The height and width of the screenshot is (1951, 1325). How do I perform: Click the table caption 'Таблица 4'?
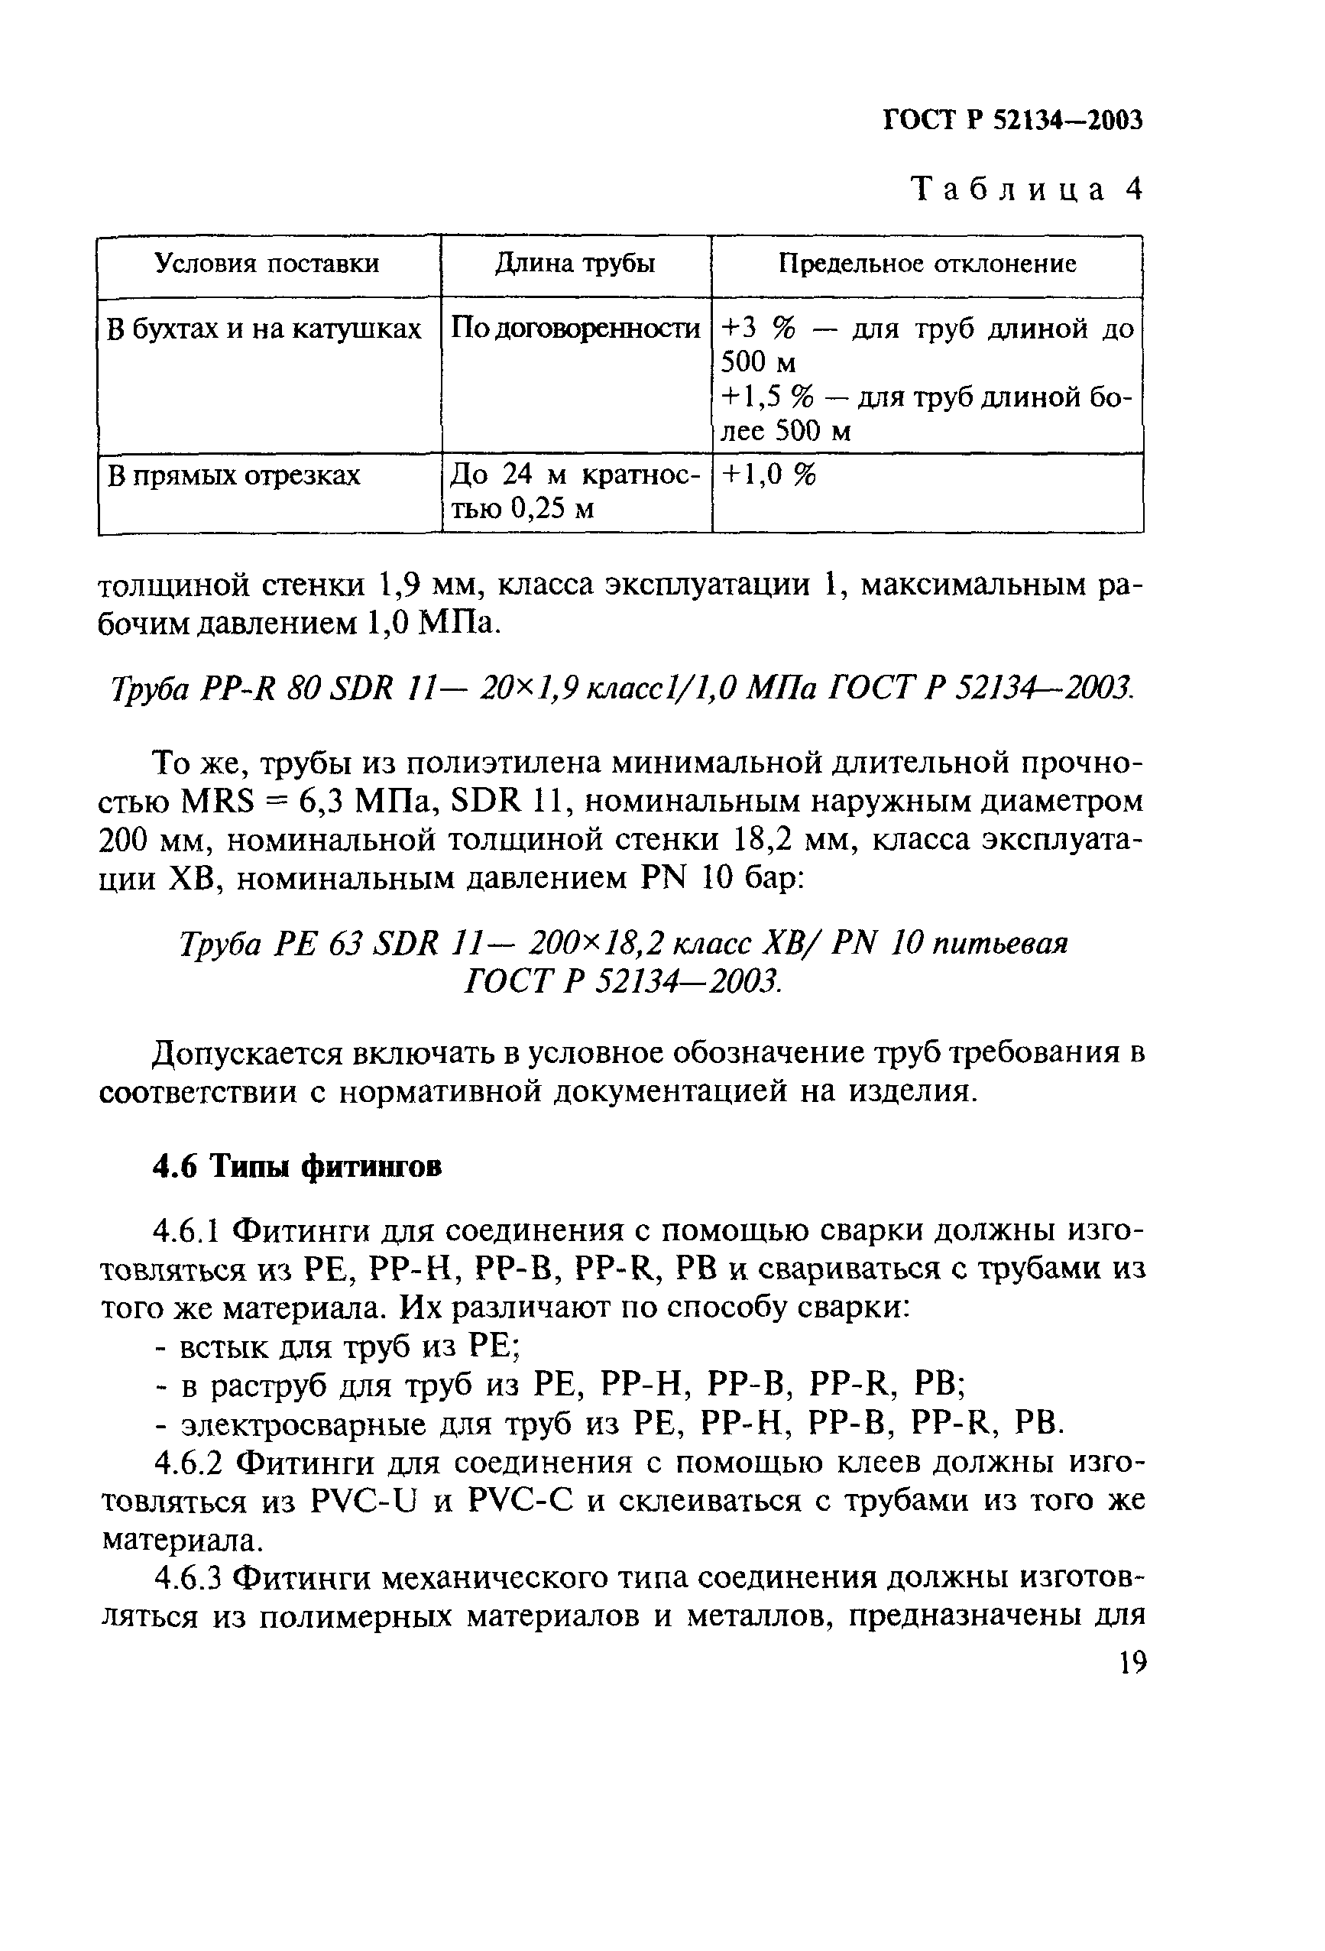pyautogui.click(x=1027, y=190)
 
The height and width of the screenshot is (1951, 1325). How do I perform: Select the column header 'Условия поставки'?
pyautogui.click(x=267, y=264)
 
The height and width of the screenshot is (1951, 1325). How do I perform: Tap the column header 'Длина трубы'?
pyautogui.click(x=575, y=264)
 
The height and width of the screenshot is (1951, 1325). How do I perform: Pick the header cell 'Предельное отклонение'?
pyautogui.click(x=927, y=264)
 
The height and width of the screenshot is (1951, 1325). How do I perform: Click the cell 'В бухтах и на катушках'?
pyautogui.click(x=264, y=329)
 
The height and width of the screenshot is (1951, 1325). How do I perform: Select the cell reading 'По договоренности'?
pyautogui.click(x=575, y=329)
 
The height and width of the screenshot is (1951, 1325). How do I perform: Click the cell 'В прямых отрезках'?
pyautogui.click(x=235, y=476)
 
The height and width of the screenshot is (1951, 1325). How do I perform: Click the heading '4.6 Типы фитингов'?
pyautogui.click(x=297, y=1167)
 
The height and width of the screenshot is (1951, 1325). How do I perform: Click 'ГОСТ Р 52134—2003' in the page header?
pyautogui.click(x=1013, y=121)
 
